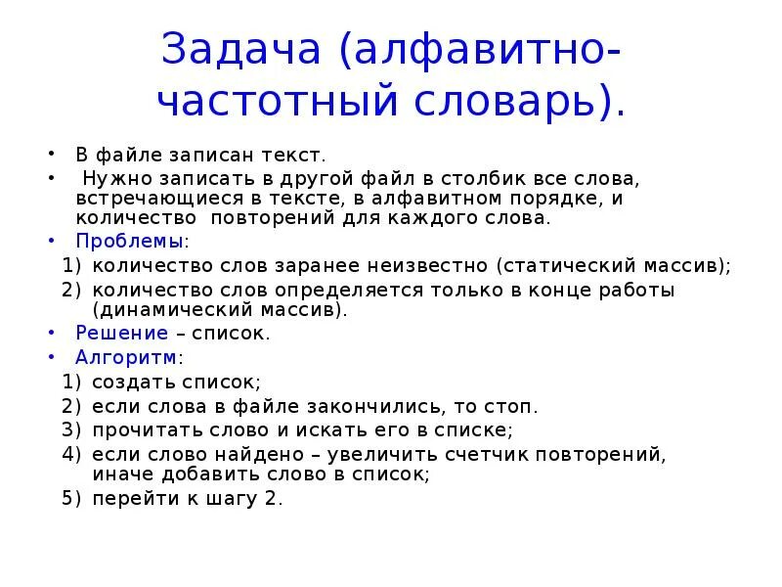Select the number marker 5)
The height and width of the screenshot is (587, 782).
[x=71, y=498]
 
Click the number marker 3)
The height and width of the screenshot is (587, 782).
[x=71, y=429]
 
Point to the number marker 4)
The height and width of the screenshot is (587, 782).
[x=71, y=454]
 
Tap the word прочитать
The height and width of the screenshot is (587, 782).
[x=141, y=429]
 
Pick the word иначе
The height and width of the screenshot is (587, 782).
[x=120, y=474]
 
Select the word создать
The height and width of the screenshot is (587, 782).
[x=132, y=382]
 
